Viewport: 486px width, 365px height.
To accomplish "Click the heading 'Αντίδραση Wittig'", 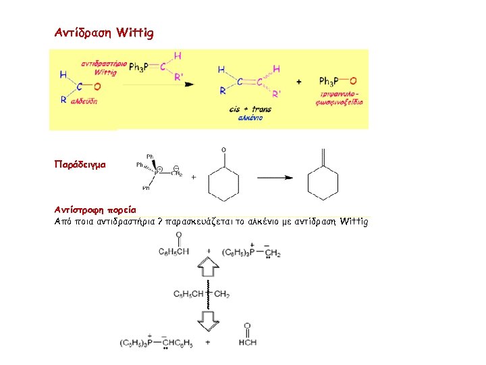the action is [104, 32].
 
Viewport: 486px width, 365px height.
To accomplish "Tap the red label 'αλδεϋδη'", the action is [84, 99].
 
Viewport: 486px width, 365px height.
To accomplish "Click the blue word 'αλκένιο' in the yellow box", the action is [250, 118].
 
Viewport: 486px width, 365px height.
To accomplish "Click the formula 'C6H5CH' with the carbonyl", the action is [174, 251].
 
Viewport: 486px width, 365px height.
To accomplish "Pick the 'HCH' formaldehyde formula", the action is [246, 342].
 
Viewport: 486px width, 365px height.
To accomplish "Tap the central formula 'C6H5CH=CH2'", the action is [201, 294].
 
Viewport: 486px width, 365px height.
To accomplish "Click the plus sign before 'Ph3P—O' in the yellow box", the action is [299, 82].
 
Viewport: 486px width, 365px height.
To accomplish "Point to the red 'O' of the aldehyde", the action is [97, 87].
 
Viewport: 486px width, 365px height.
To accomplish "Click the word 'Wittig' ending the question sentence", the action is [355, 221].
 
